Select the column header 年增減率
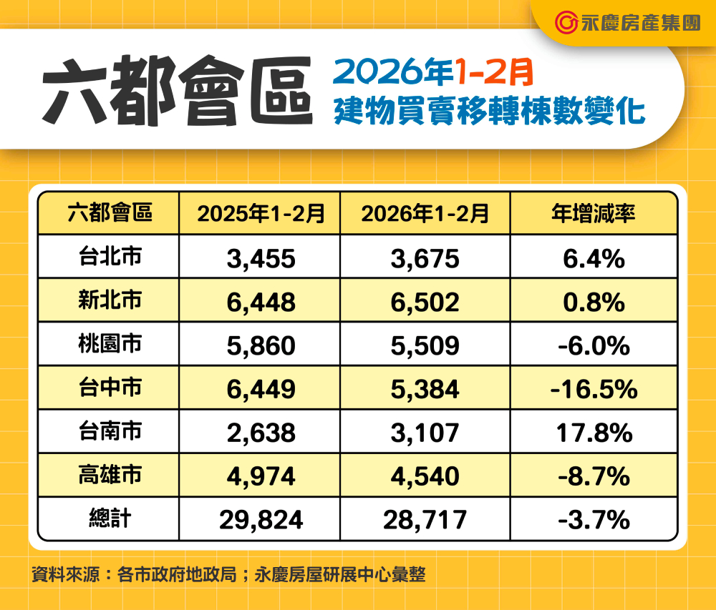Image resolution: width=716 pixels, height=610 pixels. coord(594,213)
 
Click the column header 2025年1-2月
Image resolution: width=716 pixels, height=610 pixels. coord(261,213)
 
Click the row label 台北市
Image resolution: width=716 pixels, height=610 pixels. coord(110,257)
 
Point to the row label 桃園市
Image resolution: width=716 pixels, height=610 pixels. coord(110,345)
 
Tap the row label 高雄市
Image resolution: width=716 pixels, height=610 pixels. coord(110,476)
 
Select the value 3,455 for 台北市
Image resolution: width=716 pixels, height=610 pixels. coord(261,258)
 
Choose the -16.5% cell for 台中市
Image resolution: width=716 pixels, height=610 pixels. coord(594,390)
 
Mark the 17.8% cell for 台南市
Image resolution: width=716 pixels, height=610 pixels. coord(594,433)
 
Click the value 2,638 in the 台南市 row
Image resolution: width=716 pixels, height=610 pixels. coord(261,433)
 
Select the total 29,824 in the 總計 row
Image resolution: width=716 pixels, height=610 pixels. coord(261,520)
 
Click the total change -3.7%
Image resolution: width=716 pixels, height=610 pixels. coord(594,520)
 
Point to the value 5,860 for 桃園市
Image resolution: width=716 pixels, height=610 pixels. coord(261,346)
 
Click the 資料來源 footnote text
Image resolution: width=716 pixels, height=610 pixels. coord(228,574)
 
